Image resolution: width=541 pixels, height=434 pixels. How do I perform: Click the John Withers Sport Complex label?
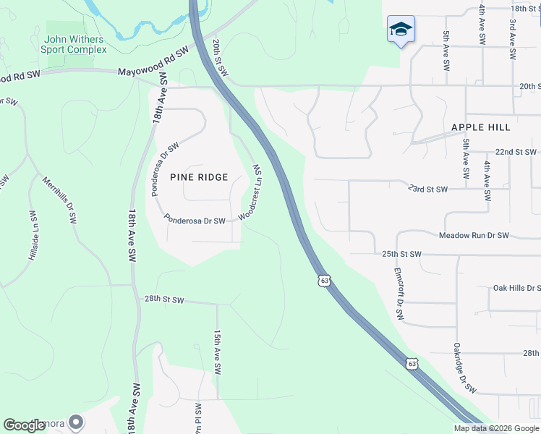pyautogui.click(x=74, y=45)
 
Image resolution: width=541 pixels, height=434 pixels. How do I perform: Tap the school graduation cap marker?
pyautogui.click(x=400, y=30)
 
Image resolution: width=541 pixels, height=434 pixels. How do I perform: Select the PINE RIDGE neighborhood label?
pyautogui.click(x=199, y=177)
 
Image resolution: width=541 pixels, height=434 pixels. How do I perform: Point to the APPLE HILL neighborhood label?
pyautogui.click(x=481, y=127)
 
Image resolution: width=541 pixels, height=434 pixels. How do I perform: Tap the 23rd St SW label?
pyautogui.click(x=427, y=189)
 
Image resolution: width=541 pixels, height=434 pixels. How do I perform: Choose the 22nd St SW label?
pyautogui.click(x=516, y=152)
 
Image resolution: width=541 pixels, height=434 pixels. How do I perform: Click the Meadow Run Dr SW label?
pyautogui.click(x=474, y=236)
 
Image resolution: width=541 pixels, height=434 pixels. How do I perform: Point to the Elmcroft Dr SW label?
pyautogui.click(x=398, y=295)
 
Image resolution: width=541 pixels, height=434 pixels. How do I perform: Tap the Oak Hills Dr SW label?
pyautogui.click(x=516, y=288)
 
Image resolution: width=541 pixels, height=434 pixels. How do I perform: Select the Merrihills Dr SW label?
pyautogui.click(x=59, y=200)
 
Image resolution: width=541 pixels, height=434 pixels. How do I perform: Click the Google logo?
pyautogui.click(x=25, y=425)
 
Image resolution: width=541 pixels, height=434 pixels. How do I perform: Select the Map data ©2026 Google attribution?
pyautogui.click(x=496, y=428)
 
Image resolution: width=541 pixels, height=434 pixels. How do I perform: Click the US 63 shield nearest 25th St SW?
pyautogui.click(x=324, y=279)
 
